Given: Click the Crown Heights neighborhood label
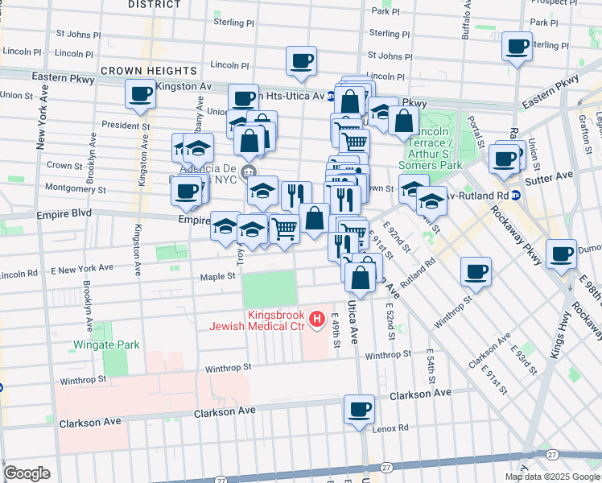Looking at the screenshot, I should [x=149, y=72].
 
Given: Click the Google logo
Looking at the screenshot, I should [x=27, y=473].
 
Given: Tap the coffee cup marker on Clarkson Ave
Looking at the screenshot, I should [x=359, y=409].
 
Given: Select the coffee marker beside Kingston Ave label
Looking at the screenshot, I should [x=140, y=94].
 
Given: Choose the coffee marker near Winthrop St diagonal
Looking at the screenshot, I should [x=476, y=272].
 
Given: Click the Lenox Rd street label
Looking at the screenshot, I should [x=392, y=429].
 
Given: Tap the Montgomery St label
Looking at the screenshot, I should [x=77, y=190].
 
